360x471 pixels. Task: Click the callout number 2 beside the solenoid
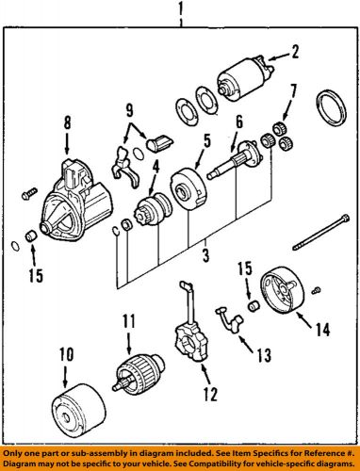click(x=294, y=52)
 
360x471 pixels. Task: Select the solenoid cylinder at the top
click(x=245, y=78)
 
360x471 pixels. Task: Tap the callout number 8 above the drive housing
click(x=68, y=122)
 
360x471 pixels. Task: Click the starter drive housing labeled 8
click(x=76, y=201)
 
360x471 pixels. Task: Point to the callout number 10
click(x=67, y=354)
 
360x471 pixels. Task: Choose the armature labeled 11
click(x=139, y=373)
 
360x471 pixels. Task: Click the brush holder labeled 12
click(x=191, y=323)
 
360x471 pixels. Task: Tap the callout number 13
click(x=263, y=355)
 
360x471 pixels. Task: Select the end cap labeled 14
click(x=282, y=290)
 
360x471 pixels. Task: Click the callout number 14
click(x=323, y=330)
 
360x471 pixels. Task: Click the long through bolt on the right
click(x=320, y=232)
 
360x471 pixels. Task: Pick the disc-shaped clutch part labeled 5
click(x=188, y=188)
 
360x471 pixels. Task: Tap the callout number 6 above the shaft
click(x=239, y=122)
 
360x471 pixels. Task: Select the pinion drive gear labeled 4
click(x=153, y=208)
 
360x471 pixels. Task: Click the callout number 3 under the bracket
click(x=205, y=255)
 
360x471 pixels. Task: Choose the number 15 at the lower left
click(x=36, y=275)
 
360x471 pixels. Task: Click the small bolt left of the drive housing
click(x=29, y=193)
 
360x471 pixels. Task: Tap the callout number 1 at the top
click(x=180, y=9)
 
